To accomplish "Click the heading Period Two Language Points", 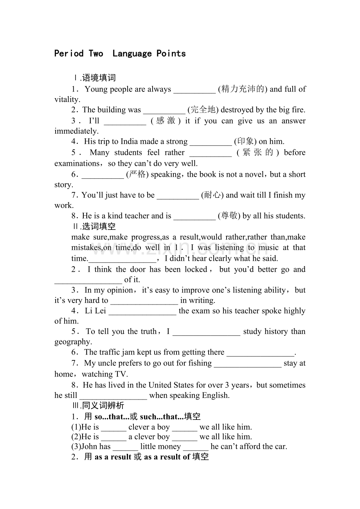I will pyautogui.click(x=120, y=54).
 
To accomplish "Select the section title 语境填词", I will pyautogui.click(x=99, y=78).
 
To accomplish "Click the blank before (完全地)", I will pyautogui.click(x=164, y=110).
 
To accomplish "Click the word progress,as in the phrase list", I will pyautogui.click(x=147, y=237).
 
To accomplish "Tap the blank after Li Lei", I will pyautogui.click(x=142, y=311).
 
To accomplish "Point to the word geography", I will pyautogui.click(x=72, y=342).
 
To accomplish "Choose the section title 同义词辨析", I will pyautogui.click(x=103, y=406).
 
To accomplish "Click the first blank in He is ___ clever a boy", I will pyautogui.click(x=113, y=427).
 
